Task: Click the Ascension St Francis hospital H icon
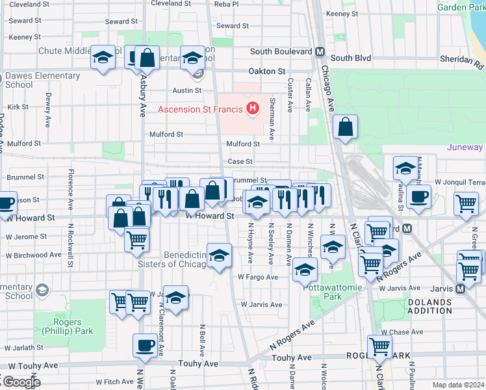coord(253,108)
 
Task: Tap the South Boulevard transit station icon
coord(320,52)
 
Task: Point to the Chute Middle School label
coord(71,51)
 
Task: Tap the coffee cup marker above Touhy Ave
coord(145,345)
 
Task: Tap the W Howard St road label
coord(209,216)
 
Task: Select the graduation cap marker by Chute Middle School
coord(103,58)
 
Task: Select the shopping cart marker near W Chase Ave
coord(379,346)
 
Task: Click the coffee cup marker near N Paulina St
coord(419,197)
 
